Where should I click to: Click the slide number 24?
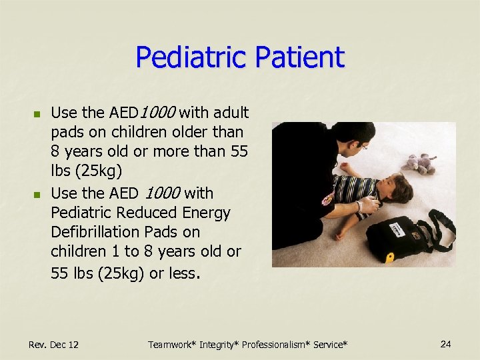click(x=446, y=344)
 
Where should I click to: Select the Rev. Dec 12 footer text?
click(x=53, y=345)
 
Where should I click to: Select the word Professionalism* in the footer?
click(x=273, y=345)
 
